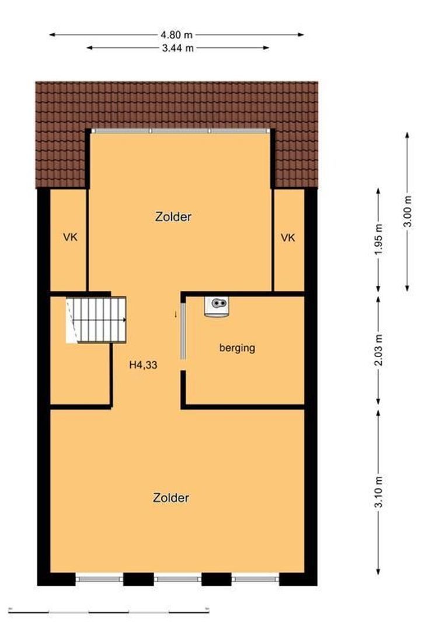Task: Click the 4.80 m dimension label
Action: tap(176, 35)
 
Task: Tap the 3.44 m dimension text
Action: tap(177, 48)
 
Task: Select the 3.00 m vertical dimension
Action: tap(407, 212)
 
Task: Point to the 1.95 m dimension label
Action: tap(378, 240)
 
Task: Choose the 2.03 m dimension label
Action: tap(378, 351)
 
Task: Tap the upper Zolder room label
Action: tap(173, 217)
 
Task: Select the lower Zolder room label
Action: tap(171, 498)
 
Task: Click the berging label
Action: tap(237, 348)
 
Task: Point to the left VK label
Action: tap(70, 237)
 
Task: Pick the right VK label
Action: tap(288, 238)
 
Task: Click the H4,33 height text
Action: tap(143, 365)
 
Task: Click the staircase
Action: tap(96, 320)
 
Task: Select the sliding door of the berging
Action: tap(183, 331)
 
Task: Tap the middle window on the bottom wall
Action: tap(177, 579)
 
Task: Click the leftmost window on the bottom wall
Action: tap(99, 579)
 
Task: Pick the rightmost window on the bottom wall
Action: tap(255, 579)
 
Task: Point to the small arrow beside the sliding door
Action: tap(175, 314)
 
